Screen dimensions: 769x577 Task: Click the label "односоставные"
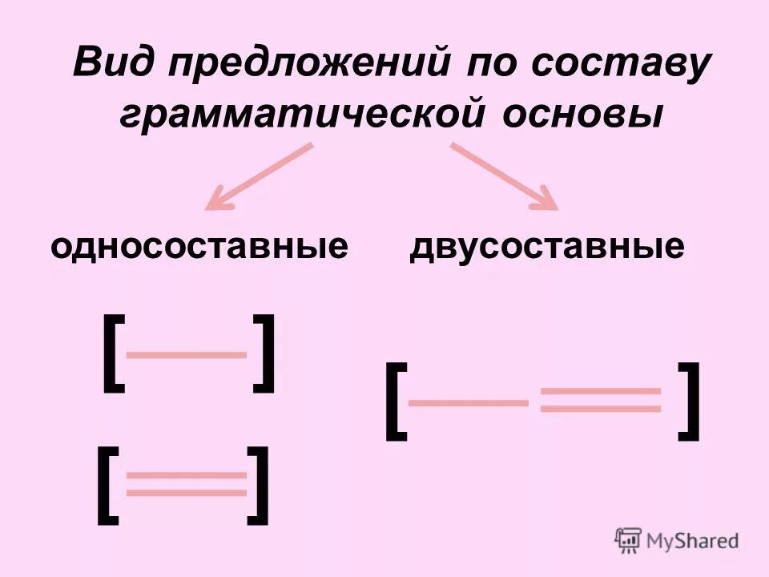coord(199,246)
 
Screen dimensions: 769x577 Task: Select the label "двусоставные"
coord(547,246)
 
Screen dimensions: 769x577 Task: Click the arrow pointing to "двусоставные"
coord(505,177)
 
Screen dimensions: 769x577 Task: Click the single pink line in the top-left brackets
coord(187,353)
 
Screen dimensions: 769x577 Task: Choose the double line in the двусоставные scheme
coord(601,399)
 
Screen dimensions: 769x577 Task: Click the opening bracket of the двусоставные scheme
coord(395,401)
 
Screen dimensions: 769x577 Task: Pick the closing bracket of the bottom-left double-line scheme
coord(258,486)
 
